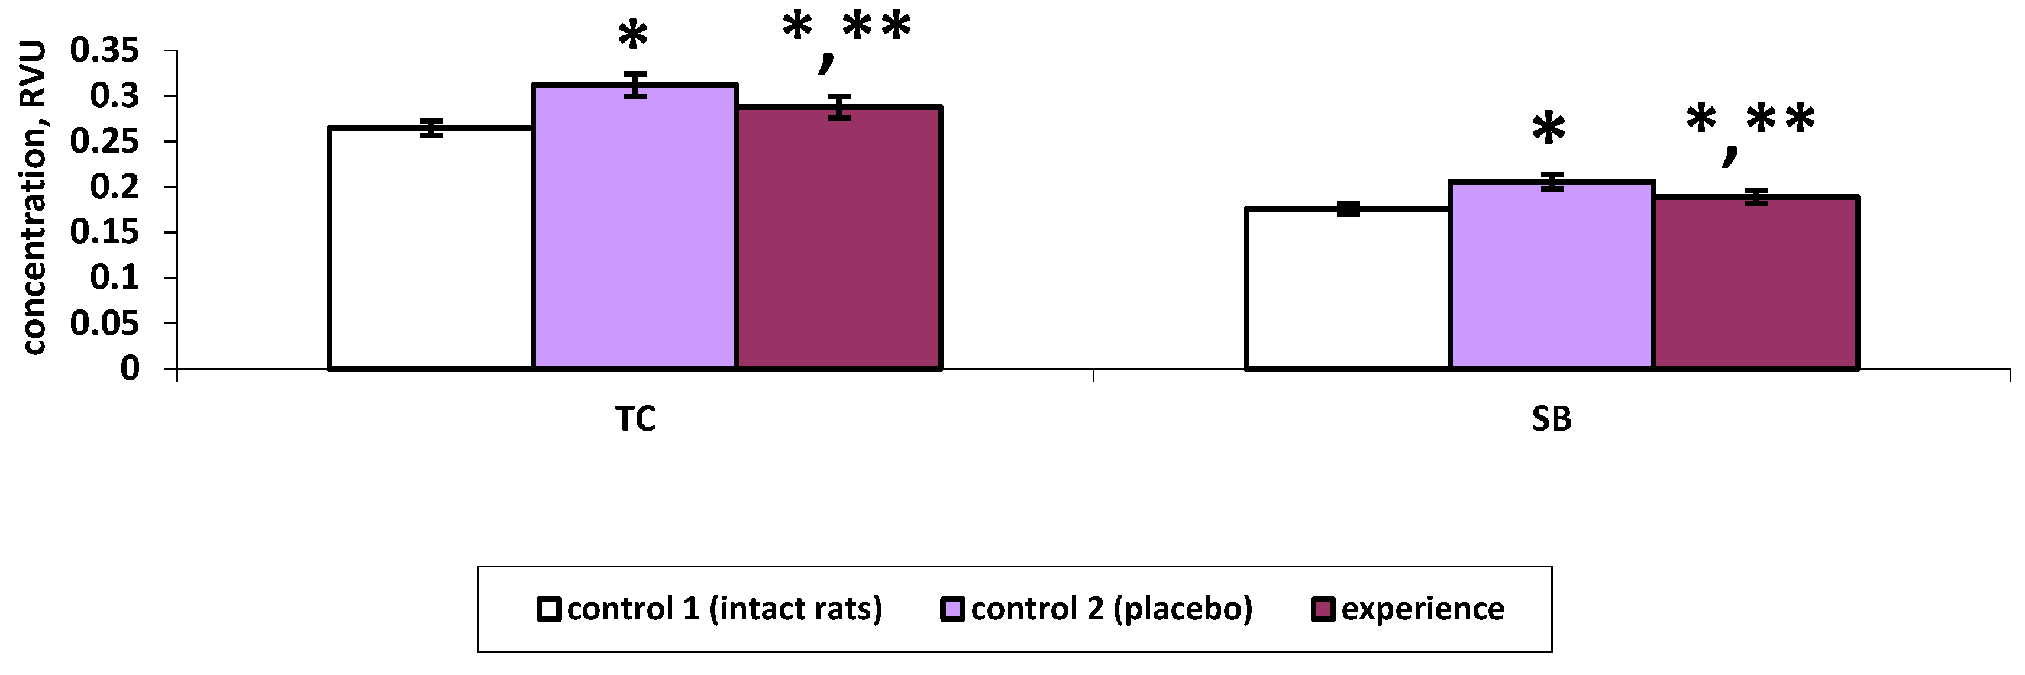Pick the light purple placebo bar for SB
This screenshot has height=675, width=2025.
[1552, 275]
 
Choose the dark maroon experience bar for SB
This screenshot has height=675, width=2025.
[1756, 283]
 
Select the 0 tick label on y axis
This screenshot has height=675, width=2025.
[130, 369]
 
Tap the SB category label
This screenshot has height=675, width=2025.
[1551, 419]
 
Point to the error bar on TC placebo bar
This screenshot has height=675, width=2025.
[635, 85]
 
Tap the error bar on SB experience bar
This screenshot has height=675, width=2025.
[1756, 197]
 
